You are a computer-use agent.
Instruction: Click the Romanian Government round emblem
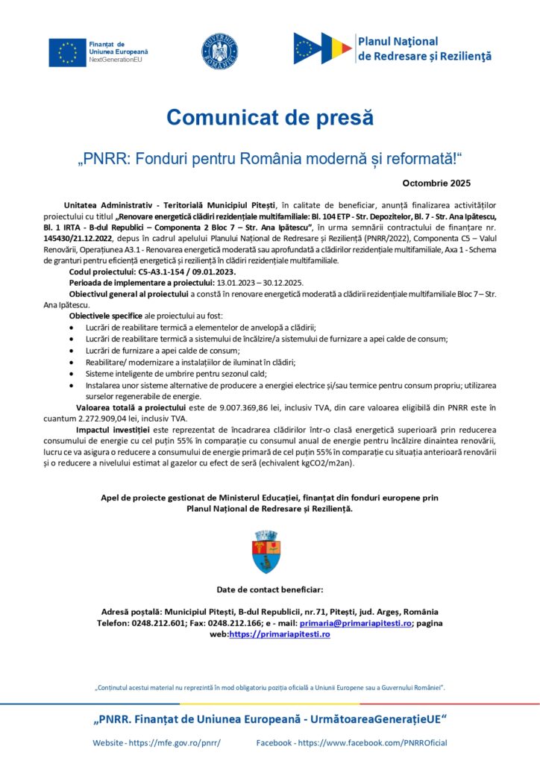point(219,51)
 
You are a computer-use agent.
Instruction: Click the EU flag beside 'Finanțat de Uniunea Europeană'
point(67,51)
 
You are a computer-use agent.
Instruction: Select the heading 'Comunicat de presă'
point(269,117)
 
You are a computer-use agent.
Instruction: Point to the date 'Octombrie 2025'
point(436,182)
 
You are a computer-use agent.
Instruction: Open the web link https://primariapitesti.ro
point(279,633)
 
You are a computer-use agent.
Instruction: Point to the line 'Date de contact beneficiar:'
point(270,589)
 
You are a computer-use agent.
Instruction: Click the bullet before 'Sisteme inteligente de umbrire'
point(71,373)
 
